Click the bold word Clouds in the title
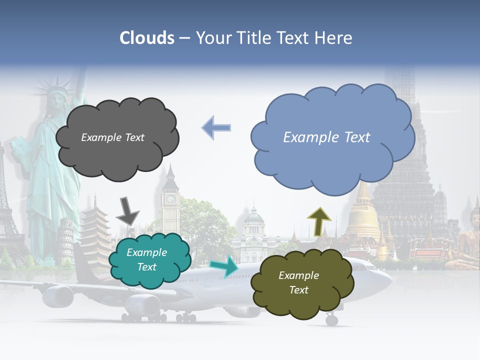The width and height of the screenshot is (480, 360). [x=147, y=38]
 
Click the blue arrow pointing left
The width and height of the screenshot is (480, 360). [x=216, y=128]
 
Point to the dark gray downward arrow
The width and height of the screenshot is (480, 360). [x=127, y=210]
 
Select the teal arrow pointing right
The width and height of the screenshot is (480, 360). [x=224, y=266]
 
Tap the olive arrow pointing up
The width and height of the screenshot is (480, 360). [x=319, y=220]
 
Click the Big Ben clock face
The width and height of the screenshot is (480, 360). [x=170, y=198]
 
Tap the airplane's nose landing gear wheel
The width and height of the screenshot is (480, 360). [x=331, y=319]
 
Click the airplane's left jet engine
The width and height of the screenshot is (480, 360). [x=58, y=295]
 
